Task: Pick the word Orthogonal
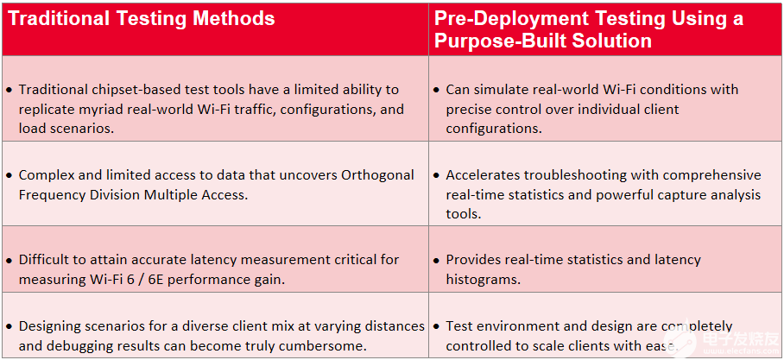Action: [x=377, y=175]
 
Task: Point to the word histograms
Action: [x=484, y=279]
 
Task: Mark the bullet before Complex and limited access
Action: [x=9, y=176]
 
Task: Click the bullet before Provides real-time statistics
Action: [x=437, y=261]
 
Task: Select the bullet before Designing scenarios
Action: [x=9, y=327]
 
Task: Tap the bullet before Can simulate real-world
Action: [x=437, y=91]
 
